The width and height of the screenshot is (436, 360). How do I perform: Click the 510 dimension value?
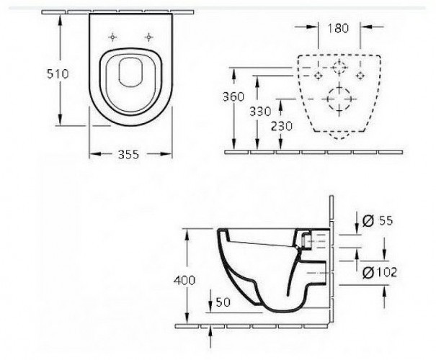point(58,74)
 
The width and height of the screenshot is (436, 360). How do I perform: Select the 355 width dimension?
point(128,155)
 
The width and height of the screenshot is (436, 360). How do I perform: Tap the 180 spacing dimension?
point(338,28)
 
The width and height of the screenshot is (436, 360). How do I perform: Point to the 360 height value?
point(233,96)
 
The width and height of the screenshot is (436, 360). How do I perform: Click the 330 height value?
point(260,112)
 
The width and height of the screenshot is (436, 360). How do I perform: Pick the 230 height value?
point(281,127)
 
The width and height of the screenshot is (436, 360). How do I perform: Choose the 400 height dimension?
point(184,280)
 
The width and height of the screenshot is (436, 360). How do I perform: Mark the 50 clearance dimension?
point(223,302)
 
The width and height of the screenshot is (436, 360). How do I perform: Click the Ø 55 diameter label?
point(378,221)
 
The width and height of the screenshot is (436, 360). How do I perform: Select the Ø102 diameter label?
point(380,272)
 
